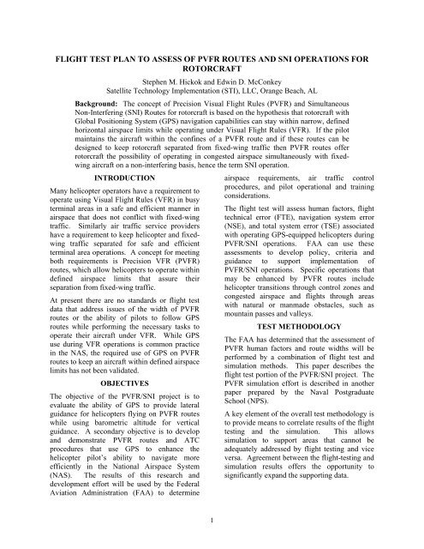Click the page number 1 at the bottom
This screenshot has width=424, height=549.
212,519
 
